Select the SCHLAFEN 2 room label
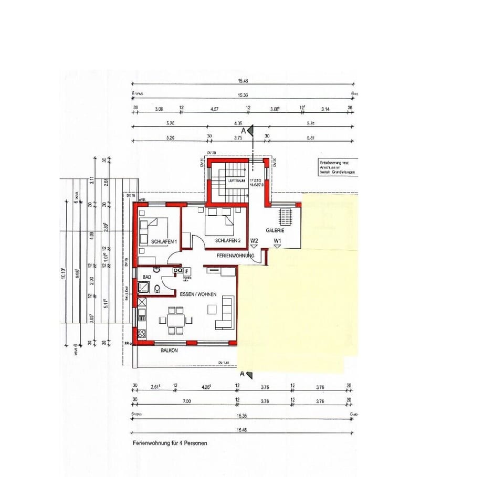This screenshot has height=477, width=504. [x=228, y=241]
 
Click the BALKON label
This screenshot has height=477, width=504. [x=169, y=350]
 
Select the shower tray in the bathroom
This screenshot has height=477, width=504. [x=143, y=287]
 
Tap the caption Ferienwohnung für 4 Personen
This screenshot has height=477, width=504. [x=170, y=443]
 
